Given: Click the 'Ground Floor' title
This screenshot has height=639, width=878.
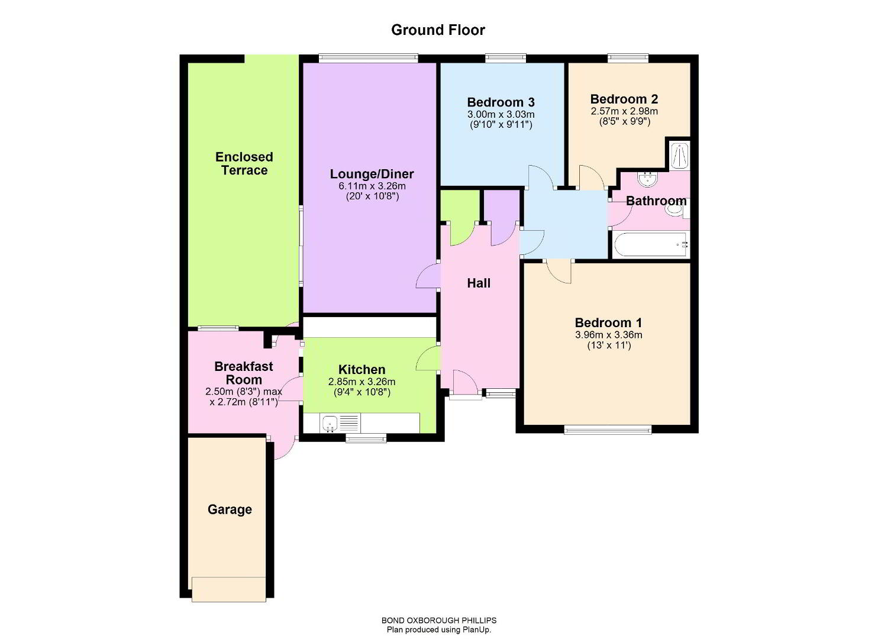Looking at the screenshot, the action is [x=438, y=30].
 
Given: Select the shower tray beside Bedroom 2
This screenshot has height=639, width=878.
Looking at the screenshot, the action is [x=679, y=156].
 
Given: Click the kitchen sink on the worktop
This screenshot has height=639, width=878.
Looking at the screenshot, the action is [x=330, y=424].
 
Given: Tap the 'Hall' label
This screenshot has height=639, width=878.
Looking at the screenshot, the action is [x=479, y=283].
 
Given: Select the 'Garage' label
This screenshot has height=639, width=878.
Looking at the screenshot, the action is [x=230, y=509].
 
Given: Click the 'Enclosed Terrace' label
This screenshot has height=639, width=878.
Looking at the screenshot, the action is [x=244, y=163].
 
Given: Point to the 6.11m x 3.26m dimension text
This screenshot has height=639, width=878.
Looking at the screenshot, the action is [x=372, y=186].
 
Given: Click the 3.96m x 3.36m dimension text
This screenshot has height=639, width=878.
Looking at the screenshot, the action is [x=609, y=335].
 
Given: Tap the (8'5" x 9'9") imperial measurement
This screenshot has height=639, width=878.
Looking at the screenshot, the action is [x=625, y=121].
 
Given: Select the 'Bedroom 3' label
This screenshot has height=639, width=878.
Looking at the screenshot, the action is [x=501, y=102].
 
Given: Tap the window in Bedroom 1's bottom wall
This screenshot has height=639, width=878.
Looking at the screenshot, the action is [x=608, y=431].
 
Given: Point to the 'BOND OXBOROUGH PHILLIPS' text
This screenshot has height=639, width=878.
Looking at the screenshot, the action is [x=439, y=621].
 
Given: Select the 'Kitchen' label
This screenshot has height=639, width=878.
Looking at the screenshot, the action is [x=361, y=369].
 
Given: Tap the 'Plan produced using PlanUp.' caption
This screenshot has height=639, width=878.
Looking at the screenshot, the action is [x=439, y=630].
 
